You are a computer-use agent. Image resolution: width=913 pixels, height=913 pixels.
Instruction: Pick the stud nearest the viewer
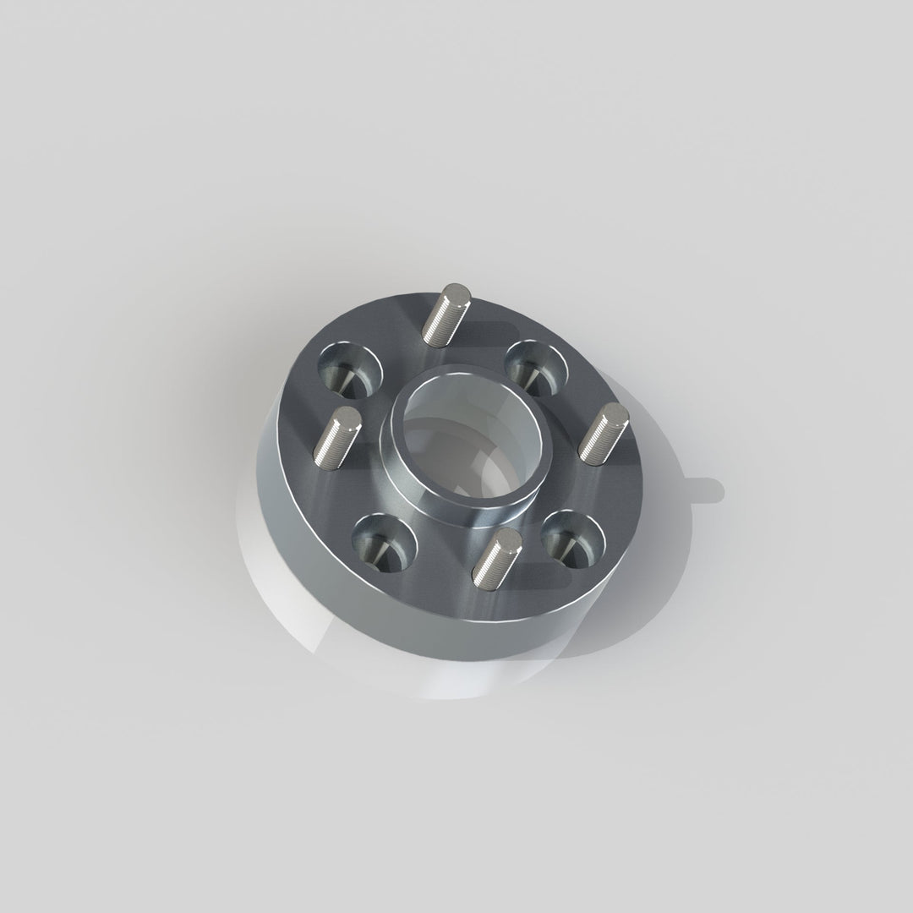495,560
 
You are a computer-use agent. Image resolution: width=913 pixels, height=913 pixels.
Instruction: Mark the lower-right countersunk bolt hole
573,538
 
